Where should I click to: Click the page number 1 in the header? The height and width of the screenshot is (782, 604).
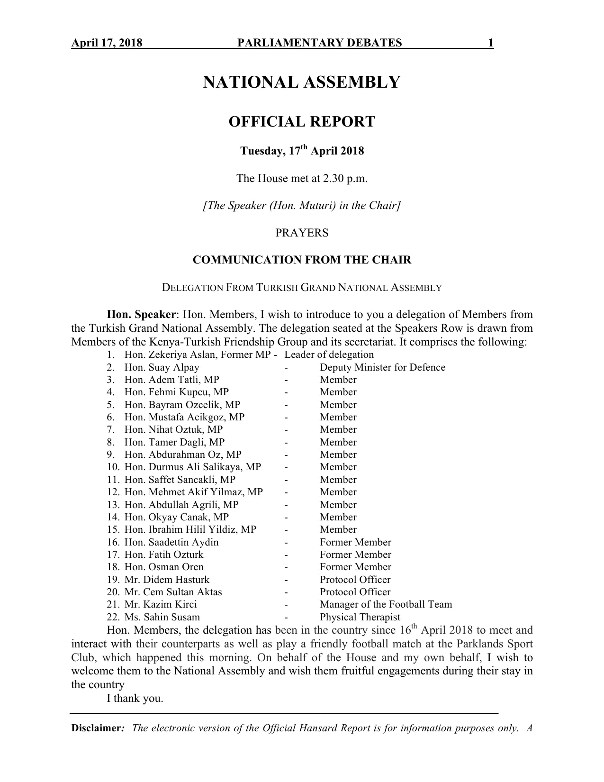point(491,44)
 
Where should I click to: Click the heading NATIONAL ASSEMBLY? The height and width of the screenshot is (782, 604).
point(302,82)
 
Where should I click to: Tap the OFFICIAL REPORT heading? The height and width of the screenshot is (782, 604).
point(302,122)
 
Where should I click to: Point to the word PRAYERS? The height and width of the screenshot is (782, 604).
point(302,233)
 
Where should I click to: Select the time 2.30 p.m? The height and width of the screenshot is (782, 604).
point(346,179)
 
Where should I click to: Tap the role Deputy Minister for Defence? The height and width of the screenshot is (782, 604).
point(382,367)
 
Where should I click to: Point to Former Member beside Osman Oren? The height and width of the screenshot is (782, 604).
point(355,567)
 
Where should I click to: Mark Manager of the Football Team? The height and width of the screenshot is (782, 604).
point(386,604)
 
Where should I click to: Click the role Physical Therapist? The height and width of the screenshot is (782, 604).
point(360,617)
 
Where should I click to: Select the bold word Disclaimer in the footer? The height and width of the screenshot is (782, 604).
point(96,728)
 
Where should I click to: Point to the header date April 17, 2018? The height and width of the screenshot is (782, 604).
point(107,44)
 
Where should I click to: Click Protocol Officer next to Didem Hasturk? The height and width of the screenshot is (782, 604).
point(355,580)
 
